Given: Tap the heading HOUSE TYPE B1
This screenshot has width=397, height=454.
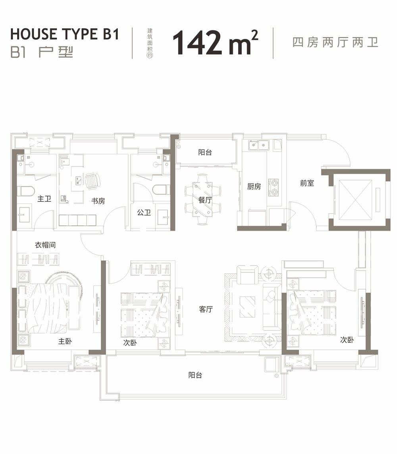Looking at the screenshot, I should (65, 34).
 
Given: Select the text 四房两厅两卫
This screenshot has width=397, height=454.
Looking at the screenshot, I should (335, 43).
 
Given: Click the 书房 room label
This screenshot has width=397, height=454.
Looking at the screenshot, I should (98, 201).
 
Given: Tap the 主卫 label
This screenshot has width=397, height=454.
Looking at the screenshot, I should (44, 199).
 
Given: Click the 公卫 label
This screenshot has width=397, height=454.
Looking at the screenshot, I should (144, 213).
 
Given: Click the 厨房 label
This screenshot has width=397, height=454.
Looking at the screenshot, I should (254, 186).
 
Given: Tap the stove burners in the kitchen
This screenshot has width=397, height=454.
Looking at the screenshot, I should (274, 188).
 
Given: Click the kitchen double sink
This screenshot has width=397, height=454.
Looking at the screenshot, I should (257, 146).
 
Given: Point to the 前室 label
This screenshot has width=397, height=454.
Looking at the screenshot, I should (307, 183).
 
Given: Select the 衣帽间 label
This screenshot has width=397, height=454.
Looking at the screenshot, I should (45, 245).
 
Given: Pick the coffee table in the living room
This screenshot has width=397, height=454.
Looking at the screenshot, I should (248, 307).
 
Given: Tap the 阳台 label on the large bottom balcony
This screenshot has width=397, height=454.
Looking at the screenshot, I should (195, 375).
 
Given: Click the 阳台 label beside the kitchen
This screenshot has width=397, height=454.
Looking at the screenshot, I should (205, 152).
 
